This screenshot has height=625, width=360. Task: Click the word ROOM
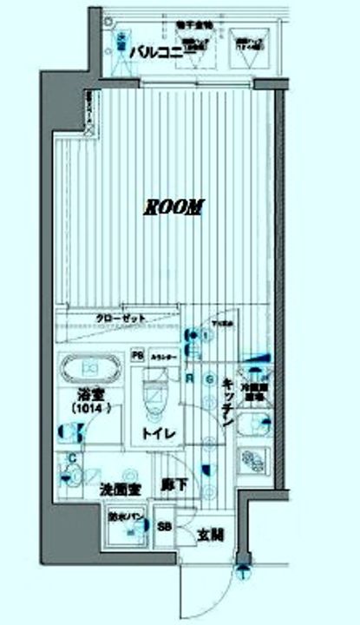[x=174, y=207]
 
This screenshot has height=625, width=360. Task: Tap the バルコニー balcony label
[x=156, y=53]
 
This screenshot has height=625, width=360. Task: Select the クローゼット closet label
[x=121, y=319]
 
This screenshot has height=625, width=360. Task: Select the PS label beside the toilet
[x=136, y=355]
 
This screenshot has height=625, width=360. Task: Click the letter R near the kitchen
[x=189, y=376]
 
